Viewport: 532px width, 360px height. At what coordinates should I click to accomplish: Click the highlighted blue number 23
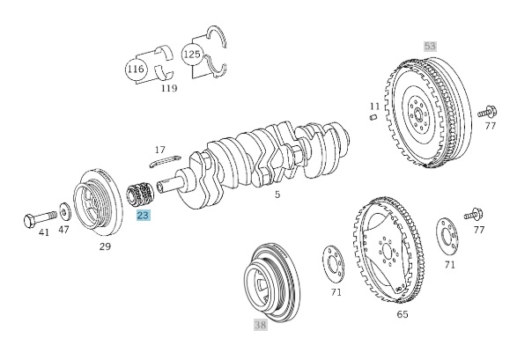point(144,215)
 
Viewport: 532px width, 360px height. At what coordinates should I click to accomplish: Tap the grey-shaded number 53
point(430,46)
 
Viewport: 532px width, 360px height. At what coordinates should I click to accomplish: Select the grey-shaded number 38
point(260,325)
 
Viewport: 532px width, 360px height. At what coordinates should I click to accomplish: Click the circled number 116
point(135,69)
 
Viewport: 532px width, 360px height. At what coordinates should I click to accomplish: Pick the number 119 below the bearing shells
point(169,88)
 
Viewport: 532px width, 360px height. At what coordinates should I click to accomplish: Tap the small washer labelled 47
point(64,212)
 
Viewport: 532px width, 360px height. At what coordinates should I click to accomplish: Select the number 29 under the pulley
point(105,247)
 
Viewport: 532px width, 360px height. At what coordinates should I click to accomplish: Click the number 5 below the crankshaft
point(277,195)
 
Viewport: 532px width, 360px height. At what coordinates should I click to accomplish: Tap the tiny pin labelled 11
point(373,118)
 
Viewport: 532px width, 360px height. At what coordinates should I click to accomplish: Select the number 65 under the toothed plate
point(402,312)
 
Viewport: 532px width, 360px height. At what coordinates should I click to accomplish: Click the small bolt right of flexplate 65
point(476,214)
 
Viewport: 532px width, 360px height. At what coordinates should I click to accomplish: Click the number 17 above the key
point(159,151)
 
